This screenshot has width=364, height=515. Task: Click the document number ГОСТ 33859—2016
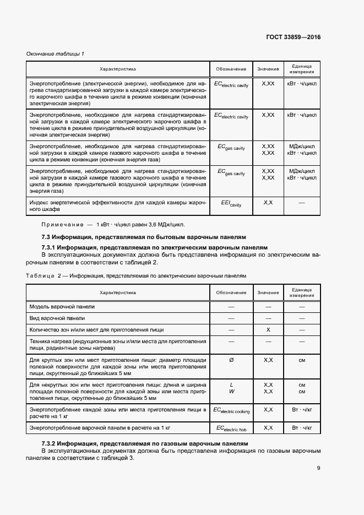click(x=292, y=37)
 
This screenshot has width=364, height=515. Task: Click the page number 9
click(x=318, y=468)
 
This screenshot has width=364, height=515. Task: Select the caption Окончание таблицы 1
click(x=56, y=53)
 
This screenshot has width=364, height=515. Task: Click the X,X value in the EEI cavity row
click(x=268, y=203)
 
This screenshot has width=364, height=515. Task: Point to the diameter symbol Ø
click(x=231, y=360)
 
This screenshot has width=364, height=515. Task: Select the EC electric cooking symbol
click(x=231, y=410)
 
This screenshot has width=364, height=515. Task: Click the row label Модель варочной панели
click(x=62, y=306)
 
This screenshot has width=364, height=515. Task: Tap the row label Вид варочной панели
click(x=57, y=318)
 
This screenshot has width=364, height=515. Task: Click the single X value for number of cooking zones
click(x=268, y=330)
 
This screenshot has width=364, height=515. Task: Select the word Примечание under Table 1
click(x=61, y=224)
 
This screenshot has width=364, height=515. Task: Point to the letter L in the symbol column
click(x=231, y=384)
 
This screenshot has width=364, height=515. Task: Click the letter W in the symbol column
click(x=231, y=391)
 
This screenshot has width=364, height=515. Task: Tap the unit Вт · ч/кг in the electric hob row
click(x=302, y=427)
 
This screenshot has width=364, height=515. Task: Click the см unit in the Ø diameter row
click(x=302, y=360)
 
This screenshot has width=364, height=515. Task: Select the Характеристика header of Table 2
click(x=117, y=292)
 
